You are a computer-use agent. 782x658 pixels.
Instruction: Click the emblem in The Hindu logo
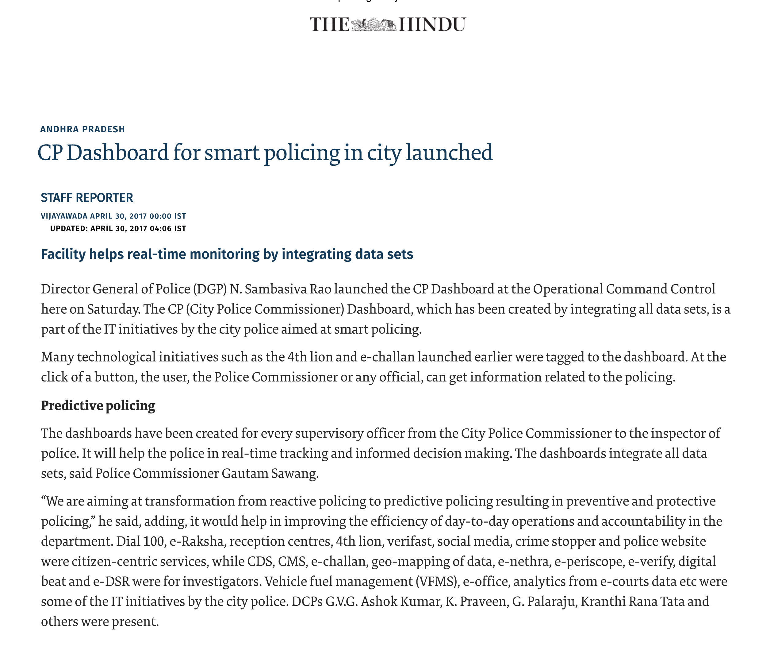coord(374,25)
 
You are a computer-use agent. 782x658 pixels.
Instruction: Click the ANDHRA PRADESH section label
coord(82,129)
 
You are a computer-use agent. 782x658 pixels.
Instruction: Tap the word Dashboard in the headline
coord(118,153)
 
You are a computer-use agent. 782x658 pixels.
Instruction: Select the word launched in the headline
coord(449,153)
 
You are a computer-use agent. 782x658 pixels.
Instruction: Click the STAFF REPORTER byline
coord(87,198)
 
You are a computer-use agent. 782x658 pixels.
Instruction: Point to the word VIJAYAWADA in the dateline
coord(64,216)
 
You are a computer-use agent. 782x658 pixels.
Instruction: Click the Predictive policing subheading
coord(98,405)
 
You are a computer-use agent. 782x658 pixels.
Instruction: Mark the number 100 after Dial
coord(154,541)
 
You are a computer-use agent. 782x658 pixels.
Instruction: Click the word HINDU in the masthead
coord(432,25)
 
